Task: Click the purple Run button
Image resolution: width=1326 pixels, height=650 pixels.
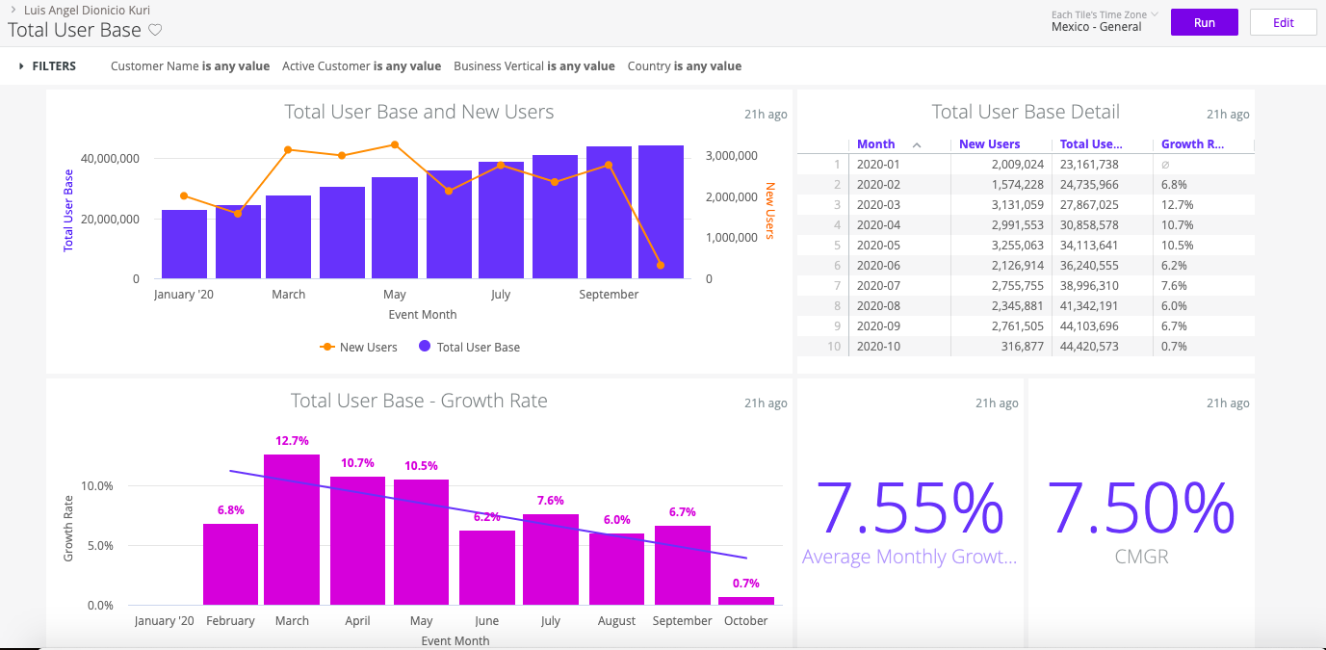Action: [x=1204, y=23]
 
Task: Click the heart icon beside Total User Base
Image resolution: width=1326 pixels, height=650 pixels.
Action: [x=155, y=30]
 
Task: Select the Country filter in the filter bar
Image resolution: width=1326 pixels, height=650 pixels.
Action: [x=684, y=66]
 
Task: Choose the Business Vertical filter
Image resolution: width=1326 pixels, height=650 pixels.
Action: [x=533, y=66]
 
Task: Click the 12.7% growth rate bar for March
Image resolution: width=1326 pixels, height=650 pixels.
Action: [x=292, y=530]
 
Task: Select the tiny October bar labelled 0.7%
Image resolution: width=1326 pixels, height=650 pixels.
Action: [x=746, y=601]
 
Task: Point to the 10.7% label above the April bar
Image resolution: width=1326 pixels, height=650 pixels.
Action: [x=357, y=463]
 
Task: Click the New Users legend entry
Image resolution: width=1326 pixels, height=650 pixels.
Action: [x=359, y=347]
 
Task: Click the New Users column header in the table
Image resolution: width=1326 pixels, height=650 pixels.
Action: [x=989, y=144]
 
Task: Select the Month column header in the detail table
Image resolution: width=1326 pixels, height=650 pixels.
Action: [x=875, y=144]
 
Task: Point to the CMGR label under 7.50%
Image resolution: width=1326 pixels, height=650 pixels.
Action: [x=1141, y=557]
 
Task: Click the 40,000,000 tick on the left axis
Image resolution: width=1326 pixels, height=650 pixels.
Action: [x=111, y=158]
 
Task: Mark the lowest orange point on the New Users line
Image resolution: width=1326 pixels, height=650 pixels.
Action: [x=661, y=266]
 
